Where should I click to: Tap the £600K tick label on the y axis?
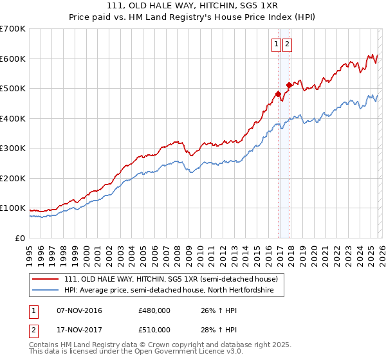tap(12, 59)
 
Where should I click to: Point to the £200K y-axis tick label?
tap(12, 178)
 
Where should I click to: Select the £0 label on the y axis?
tap(20, 238)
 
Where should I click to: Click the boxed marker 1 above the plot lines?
tap(276, 44)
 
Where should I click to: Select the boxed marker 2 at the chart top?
tap(287, 44)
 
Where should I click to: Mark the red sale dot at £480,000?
tap(278, 94)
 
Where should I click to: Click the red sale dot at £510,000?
tap(289, 85)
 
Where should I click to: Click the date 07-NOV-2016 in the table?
tap(80, 310)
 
